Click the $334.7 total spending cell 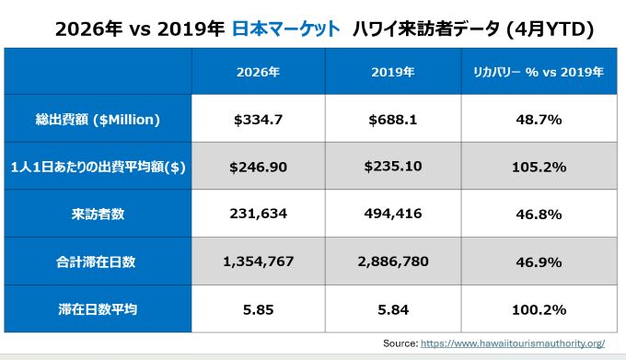[x=258, y=120]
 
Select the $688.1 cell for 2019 [x=393, y=120]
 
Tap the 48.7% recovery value [x=539, y=120]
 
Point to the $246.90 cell [x=258, y=167]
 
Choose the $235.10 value [x=393, y=166]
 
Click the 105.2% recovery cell [x=539, y=167]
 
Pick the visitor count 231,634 [x=258, y=214]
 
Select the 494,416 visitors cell [x=393, y=214]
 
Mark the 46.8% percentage [x=539, y=215]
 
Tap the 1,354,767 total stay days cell [x=258, y=261]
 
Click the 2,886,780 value [x=393, y=261]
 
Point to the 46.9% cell [x=539, y=262]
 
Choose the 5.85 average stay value [x=258, y=309]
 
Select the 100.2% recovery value [x=539, y=309]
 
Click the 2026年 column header [x=258, y=72]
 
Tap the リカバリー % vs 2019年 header [x=539, y=72]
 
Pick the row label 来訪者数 [x=98, y=215]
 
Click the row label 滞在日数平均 [x=98, y=309]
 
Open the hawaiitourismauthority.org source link [x=513, y=343]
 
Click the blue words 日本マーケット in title [x=286, y=29]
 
